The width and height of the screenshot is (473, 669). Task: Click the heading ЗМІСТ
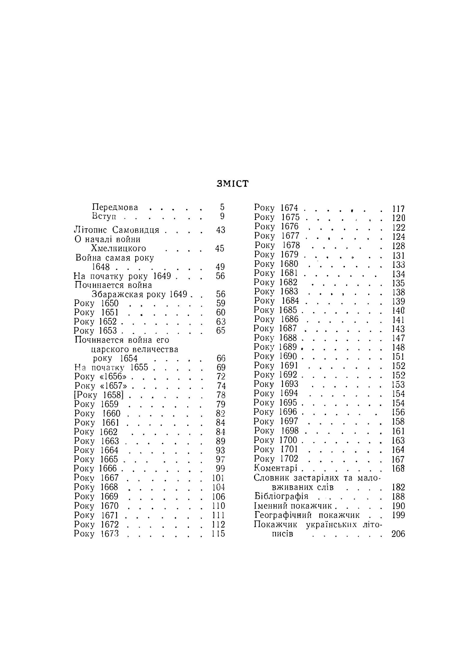(233, 184)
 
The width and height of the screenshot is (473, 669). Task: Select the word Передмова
(115, 207)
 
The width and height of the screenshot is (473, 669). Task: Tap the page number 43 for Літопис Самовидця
(221, 230)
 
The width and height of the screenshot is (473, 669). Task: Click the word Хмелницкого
(119, 249)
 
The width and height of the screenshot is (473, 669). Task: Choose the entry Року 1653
(96, 331)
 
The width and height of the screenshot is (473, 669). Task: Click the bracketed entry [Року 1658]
(99, 395)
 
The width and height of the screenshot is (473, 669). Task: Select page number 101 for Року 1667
(218, 478)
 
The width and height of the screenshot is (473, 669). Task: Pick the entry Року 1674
(276, 208)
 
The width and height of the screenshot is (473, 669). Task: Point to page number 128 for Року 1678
(398, 246)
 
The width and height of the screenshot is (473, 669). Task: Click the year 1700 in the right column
(289, 440)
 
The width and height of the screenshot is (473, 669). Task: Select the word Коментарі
(276, 468)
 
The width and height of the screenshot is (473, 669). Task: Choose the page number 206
(398, 534)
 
